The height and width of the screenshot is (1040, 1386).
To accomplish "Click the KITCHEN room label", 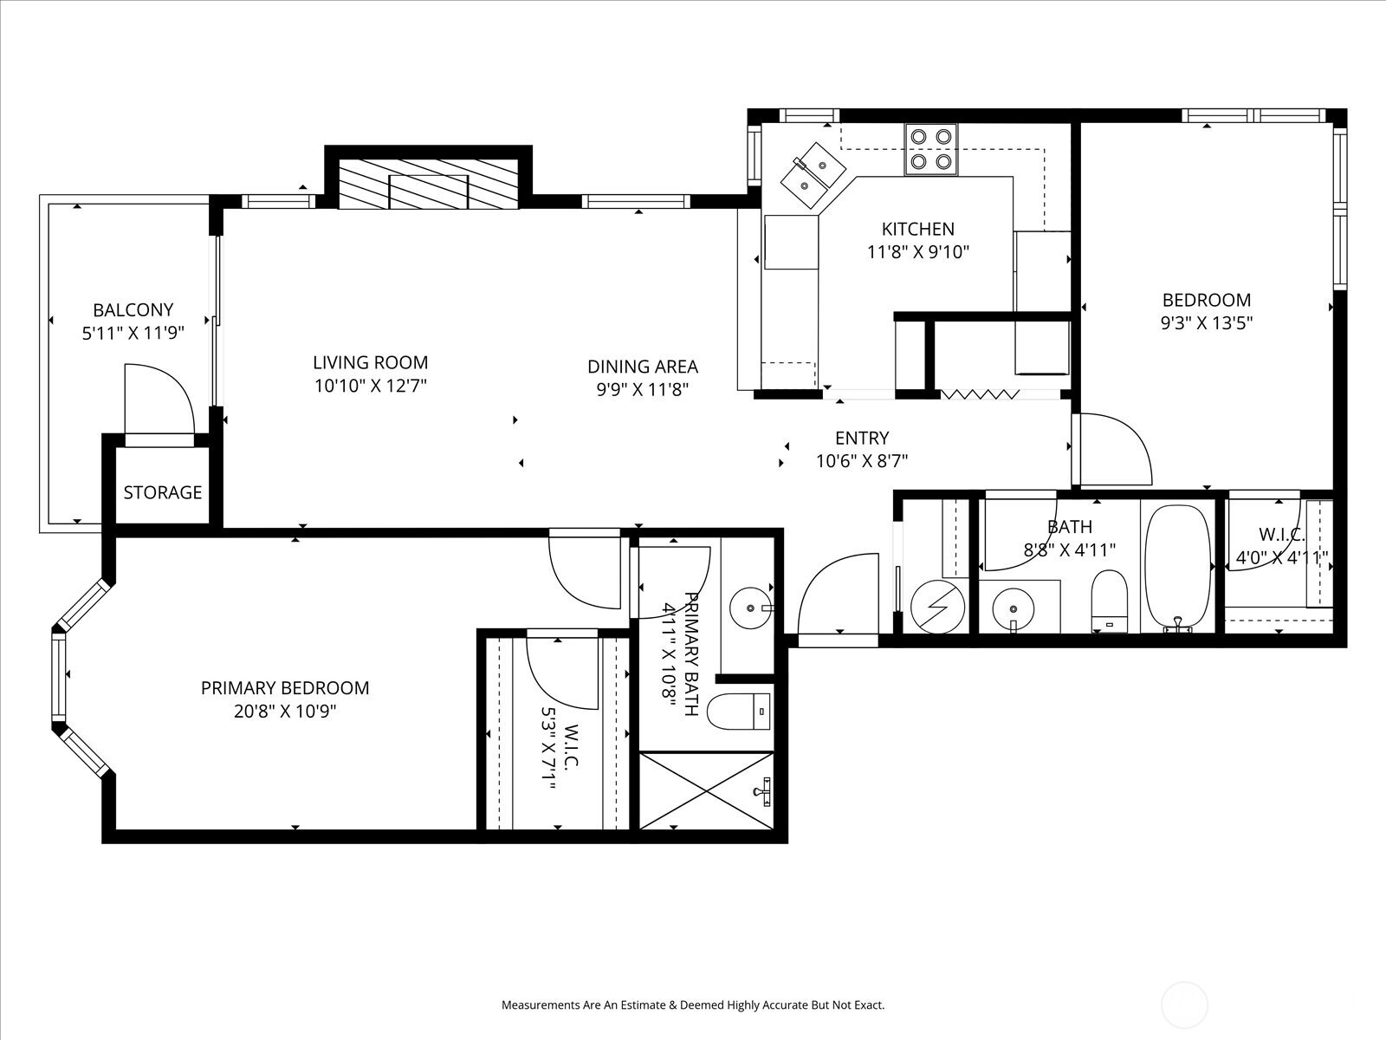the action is coord(917,228).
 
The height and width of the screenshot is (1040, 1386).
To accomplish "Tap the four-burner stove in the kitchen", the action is coord(931,150).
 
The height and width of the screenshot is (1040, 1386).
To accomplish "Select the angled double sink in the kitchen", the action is coord(813,175).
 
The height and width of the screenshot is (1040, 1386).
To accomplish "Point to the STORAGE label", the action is coord(162,492).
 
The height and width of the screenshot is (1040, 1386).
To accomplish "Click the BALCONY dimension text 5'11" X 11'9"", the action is coord(133,333).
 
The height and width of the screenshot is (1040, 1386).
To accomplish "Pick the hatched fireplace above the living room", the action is coord(429,184).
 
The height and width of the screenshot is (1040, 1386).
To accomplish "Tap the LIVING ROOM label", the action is coord(370,362).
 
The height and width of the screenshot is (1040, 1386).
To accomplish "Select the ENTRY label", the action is coord(862,438).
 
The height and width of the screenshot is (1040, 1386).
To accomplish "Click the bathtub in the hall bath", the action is coord(1178,568).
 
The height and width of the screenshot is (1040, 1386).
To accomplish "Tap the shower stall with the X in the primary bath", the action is coord(706,790).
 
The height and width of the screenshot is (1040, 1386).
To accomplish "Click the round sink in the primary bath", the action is coord(751,608).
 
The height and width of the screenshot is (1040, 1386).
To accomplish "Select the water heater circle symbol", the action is coord(937,607).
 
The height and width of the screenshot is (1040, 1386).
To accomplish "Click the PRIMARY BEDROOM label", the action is coord(285,687).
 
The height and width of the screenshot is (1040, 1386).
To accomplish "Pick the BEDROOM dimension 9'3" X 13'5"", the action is coord(1207,322).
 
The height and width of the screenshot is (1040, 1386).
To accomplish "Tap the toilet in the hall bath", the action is coord(1110,601).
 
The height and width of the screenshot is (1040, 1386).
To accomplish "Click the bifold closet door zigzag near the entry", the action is coord(980,394).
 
